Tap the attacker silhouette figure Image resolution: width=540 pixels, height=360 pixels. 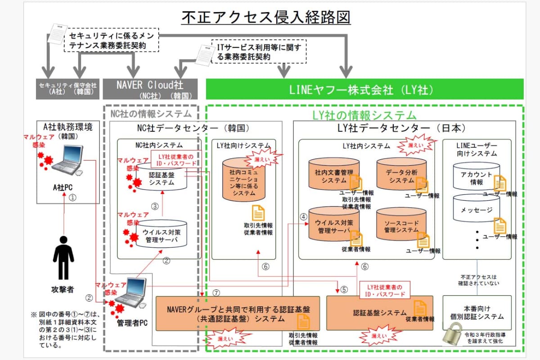[x=63, y=257]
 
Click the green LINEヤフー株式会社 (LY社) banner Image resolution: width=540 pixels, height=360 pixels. [x=364, y=90]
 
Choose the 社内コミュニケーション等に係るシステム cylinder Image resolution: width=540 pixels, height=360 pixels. [x=244, y=181]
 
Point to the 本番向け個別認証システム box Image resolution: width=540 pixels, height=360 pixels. [x=477, y=313]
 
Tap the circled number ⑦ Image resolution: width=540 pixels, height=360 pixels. [x=216, y=292]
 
